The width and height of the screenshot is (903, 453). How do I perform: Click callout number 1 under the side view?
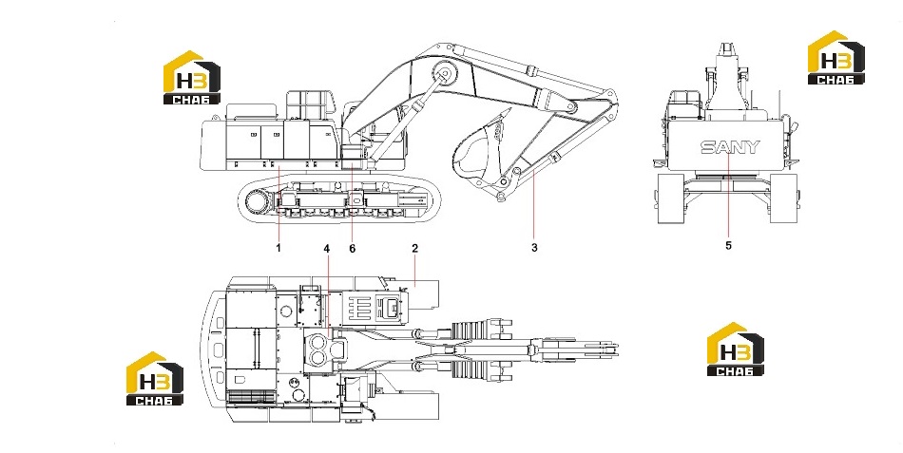(279, 248)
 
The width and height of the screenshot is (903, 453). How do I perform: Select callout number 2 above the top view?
(414, 248)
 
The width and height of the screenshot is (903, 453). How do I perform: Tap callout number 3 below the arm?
(534, 248)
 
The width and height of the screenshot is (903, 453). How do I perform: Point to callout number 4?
(327, 249)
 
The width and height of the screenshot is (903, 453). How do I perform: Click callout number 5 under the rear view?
(728, 246)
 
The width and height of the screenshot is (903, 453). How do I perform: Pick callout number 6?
(353, 249)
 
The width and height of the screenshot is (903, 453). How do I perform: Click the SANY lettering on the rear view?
(730, 147)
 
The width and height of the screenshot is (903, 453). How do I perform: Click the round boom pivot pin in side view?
(444, 74)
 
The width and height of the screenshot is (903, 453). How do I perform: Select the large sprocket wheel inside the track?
(258, 202)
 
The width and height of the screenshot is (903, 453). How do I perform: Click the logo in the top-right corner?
(836, 58)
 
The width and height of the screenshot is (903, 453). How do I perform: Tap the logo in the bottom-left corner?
(154, 378)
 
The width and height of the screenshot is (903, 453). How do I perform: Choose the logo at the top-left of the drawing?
(192, 78)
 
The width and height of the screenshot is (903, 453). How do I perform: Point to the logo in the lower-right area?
(736, 349)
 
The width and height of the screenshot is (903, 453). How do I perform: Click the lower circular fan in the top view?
(317, 359)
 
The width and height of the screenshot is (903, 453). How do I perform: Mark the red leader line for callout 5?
(728, 194)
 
